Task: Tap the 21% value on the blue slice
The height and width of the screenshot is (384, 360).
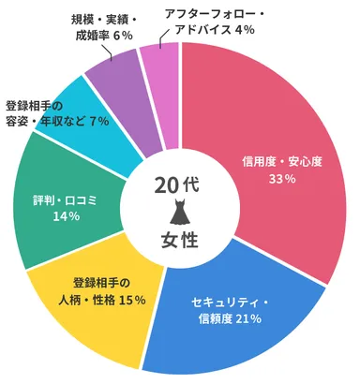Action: (x=250, y=319)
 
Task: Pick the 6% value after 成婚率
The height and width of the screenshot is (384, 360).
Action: (x=122, y=36)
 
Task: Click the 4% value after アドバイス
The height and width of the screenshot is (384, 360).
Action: (x=247, y=30)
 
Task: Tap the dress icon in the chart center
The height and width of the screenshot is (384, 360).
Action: (x=179, y=212)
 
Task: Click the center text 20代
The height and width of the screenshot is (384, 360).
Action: (x=179, y=185)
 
